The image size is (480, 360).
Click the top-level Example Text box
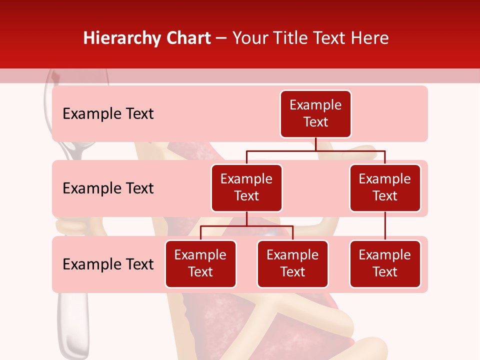315,114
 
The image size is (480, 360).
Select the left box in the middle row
246,187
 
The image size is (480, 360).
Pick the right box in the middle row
385,187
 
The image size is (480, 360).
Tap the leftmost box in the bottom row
200,263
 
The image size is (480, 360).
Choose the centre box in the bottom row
292,263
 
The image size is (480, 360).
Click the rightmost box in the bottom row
385,263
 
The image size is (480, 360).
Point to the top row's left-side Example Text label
108,114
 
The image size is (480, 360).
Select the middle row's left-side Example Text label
108,188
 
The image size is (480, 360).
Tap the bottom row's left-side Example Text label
108,264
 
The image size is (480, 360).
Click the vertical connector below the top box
315,144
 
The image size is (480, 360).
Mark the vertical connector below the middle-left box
246,218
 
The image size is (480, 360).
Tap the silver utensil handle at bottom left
73,320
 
